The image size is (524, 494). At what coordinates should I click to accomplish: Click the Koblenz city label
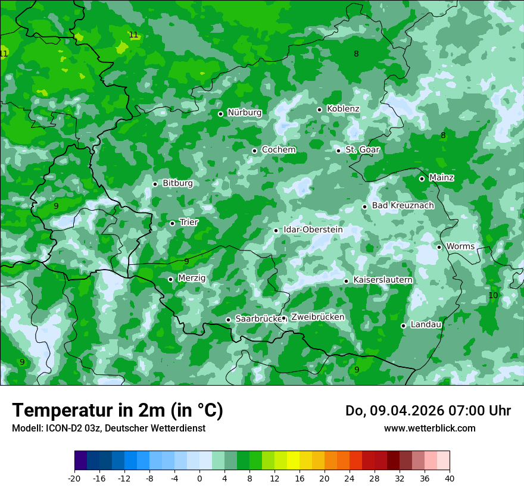(x=343, y=109)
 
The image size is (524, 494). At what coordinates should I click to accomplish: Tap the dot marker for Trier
(x=173, y=223)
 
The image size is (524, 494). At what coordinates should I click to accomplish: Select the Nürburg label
(x=244, y=112)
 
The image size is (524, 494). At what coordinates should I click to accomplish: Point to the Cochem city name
(x=279, y=150)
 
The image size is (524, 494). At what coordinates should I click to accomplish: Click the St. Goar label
(x=362, y=150)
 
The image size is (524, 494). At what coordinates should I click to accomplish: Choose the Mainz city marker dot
(x=422, y=179)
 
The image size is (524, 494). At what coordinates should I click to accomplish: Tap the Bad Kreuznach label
(x=403, y=206)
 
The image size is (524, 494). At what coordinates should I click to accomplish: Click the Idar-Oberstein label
(x=313, y=230)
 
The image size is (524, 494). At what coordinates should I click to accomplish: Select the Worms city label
(x=460, y=246)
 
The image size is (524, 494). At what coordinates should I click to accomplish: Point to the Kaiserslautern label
(x=383, y=280)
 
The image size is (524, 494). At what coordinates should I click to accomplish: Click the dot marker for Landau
(x=403, y=326)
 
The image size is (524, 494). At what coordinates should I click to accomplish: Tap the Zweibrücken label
(x=317, y=317)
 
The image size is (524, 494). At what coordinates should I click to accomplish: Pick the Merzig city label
(x=192, y=278)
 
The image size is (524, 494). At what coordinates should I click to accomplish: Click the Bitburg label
(x=177, y=183)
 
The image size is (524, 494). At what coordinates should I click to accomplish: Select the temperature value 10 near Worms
(x=493, y=295)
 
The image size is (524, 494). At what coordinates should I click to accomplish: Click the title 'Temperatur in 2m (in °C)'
(x=117, y=411)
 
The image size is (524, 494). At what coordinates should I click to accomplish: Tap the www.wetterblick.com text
(x=429, y=429)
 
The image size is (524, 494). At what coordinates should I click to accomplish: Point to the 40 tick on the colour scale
(x=450, y=478)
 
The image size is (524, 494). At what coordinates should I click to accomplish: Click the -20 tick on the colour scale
(x=74, y=478)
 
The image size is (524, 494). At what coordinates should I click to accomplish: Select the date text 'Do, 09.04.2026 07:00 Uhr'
(x=428, y=411)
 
